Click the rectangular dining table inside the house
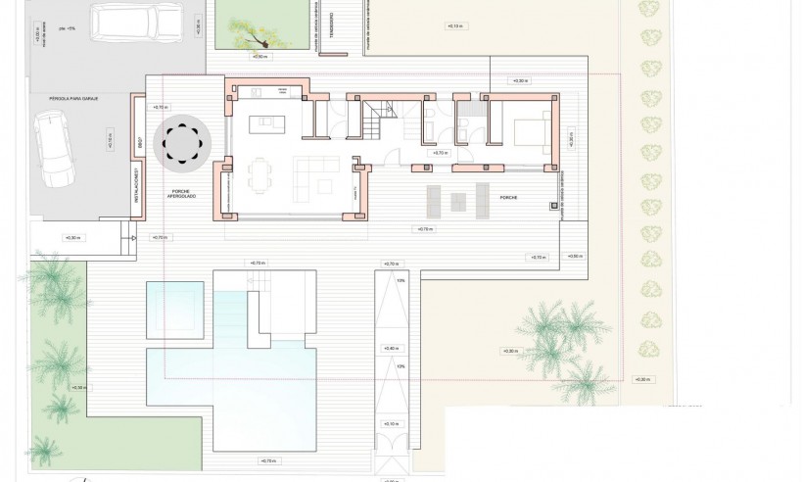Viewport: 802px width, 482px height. (x=259, y=176)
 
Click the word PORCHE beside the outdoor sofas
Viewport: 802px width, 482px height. (x=507, y=197)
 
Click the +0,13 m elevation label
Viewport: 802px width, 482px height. (x=455, y=25)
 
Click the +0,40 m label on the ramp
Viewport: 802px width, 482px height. (x=392, y=348)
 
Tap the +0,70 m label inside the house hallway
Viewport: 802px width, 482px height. (x=440, y=154)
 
